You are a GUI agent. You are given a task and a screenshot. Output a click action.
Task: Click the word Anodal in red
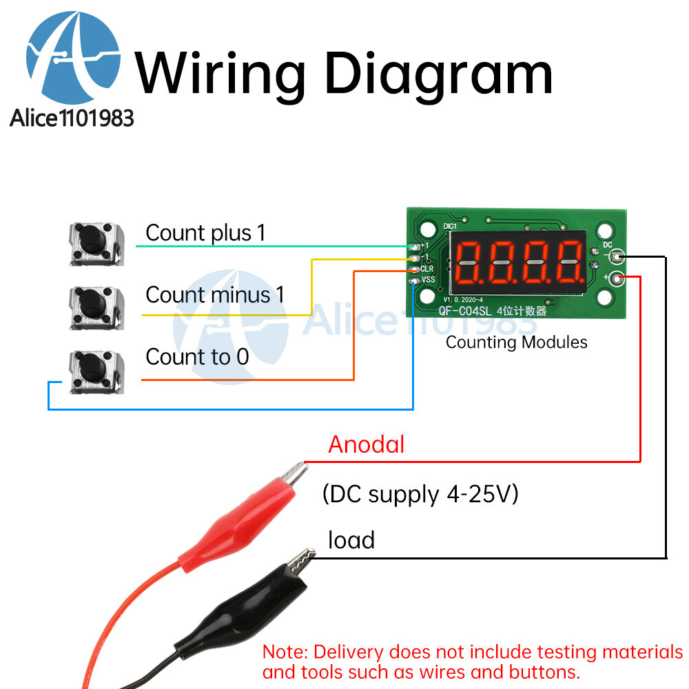[366, 444]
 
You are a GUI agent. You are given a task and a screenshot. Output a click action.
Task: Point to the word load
[351, 540]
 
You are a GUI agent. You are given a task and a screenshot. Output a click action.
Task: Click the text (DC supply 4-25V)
[420, 494]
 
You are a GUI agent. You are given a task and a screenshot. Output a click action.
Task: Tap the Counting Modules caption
[516, 342]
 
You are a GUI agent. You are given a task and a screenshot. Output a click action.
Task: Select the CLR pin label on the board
[427, 268]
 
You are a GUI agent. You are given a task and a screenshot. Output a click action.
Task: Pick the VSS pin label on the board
[428, 279]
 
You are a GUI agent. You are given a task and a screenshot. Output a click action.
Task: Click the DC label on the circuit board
[607, 245]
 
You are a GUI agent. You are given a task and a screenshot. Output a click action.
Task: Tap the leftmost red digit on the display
[468, 263]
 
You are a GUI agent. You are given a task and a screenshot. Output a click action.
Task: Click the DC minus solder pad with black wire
[618, 258]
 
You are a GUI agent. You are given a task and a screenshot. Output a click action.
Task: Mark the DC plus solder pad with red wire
[618, 278]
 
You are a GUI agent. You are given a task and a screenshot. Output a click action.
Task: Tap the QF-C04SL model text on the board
[466, 311]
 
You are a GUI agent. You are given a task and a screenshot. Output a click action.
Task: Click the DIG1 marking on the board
[450, 225]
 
